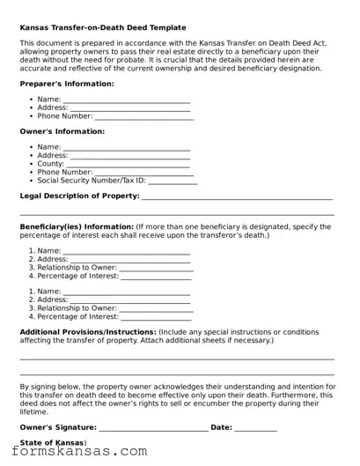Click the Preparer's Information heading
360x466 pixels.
coord(67,84)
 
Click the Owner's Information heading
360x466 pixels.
coord(62,131)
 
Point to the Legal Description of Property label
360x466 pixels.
coord(79,196)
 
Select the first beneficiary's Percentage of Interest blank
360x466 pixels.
coord(156,276)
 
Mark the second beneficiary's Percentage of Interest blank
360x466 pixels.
coord(156,316)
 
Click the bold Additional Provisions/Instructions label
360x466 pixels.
coord(88,332)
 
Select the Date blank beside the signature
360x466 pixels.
coord(255,428)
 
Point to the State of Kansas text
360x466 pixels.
coord(53,442)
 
